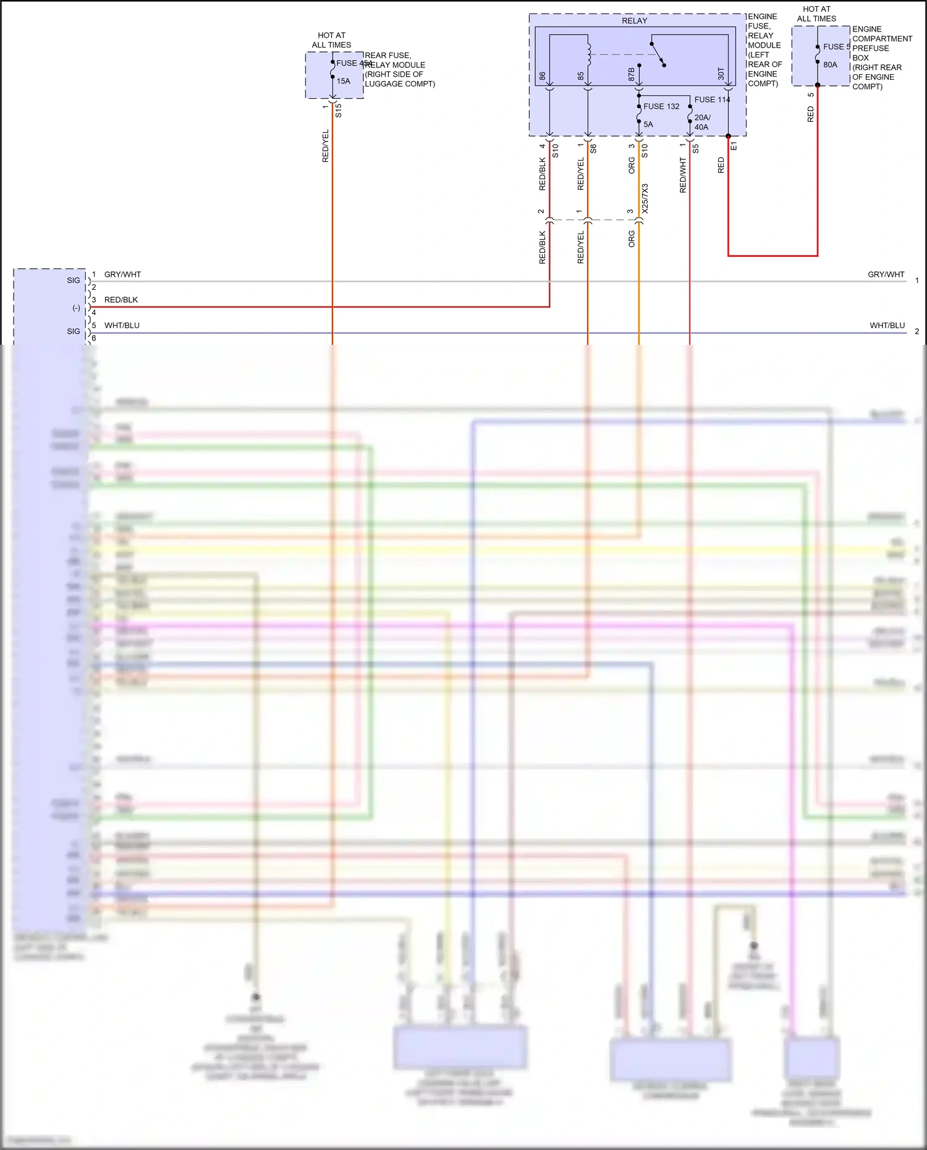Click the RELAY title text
tap(634, 21)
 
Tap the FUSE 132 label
tap(661, 106)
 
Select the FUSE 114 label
tap(712, 99)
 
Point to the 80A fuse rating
tap(830, 65)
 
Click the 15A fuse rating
tap(344, 81)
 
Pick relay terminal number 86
tap(543, 76)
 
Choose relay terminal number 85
tap(581, 76)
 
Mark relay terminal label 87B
tap(632, 75)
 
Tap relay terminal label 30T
tap(721, 74)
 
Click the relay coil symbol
tap(589, 54)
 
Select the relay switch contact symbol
tap(658, 54)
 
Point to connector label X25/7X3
tap(645, 198)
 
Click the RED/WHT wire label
tap(683, 175)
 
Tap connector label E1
tap(734, 146)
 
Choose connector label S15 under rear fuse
tap(339, 111)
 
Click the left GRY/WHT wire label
tap(122, 274)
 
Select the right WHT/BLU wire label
tap(887, 326)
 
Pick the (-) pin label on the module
tap(77, 308)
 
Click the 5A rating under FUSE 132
tap(648, 124)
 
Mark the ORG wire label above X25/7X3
tap(632, 165)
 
